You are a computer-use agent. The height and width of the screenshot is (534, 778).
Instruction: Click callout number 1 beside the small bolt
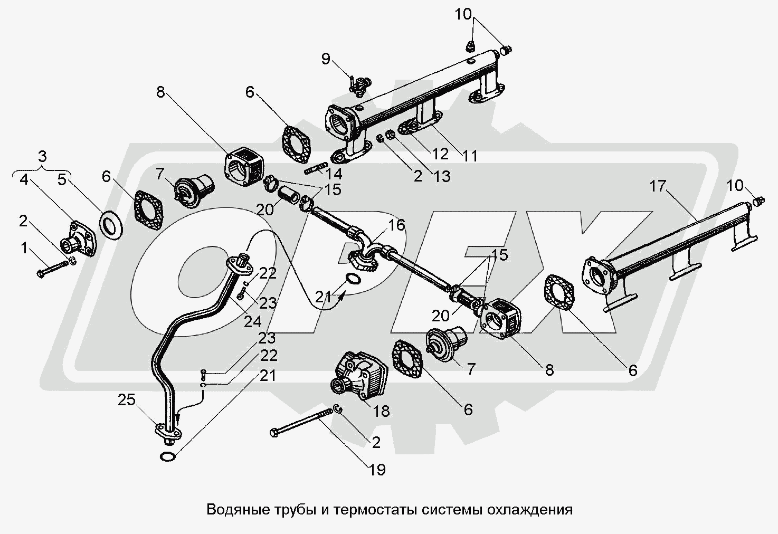[24, 247]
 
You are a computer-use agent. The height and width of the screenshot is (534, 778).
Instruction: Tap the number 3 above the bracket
[42, 156]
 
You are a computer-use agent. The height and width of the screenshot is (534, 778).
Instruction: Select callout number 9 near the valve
[326, 59]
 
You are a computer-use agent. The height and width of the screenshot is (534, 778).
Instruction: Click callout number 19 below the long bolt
[377, 469]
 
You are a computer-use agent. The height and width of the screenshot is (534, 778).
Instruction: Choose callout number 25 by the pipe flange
[126, 400]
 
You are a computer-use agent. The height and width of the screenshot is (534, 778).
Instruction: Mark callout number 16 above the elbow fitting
[396, 225]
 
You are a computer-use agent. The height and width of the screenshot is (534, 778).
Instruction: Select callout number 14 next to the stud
[334, 173]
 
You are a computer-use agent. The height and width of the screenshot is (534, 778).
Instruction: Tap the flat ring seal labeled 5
[111, 226]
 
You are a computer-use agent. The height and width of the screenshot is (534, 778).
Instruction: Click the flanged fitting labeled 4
[81, 245]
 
